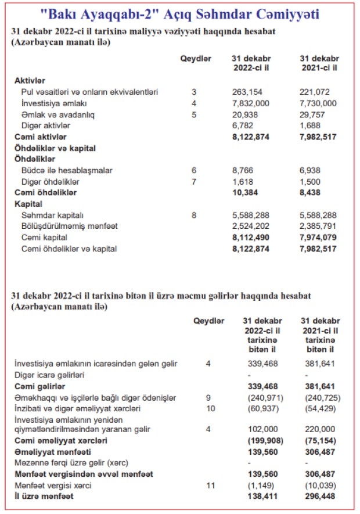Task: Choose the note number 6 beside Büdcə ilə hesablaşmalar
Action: pos(194,170)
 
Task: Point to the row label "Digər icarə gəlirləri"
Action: pos(50,375)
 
